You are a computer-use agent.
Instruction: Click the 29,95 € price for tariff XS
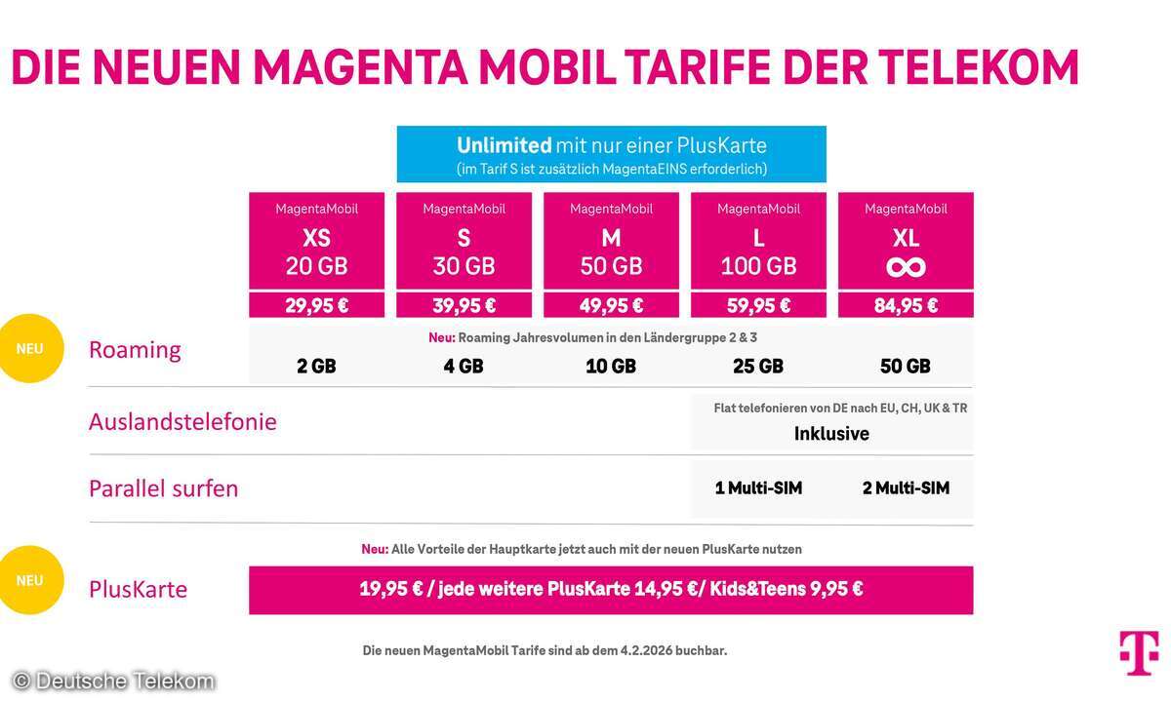click(316, 305)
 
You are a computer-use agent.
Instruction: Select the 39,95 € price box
click(464, 305)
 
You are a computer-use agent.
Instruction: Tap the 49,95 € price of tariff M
click(611, 305)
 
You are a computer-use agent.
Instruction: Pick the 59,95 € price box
click(758, 305)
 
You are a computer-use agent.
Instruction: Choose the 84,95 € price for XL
click(905, 305)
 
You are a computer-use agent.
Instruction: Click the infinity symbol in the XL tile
click(906, 267)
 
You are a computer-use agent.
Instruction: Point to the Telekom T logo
click(1139, 651)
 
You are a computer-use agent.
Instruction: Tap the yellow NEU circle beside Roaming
click(30, 348)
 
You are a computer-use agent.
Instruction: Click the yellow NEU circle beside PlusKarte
click(30, 580)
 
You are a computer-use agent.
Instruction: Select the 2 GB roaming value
click(316, 367)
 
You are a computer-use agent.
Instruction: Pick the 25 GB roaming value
click(758, 367)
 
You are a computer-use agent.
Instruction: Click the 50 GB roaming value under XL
click(905, 367)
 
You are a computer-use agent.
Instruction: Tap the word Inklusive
click(831, 434)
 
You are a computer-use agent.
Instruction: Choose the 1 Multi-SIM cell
click(758, 487)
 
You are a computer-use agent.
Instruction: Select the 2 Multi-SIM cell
click(906, 487)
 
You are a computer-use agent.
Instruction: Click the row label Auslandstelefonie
click(182, 422)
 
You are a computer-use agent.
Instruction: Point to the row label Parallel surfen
click(163, 488)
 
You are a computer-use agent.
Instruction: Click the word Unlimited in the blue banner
click(504, 145)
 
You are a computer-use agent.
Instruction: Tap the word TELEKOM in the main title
click(978, 67)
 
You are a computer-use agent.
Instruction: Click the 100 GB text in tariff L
click(758, 265)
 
